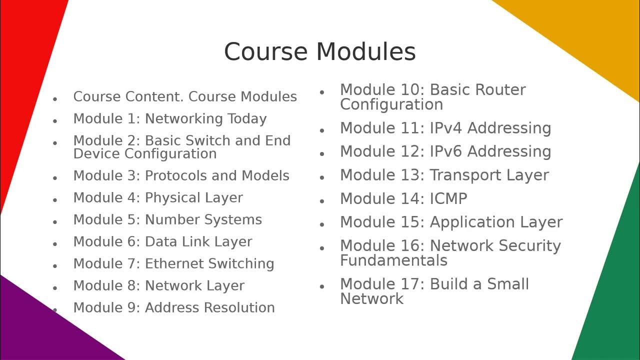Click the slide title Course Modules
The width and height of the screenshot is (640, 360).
pos(319,51)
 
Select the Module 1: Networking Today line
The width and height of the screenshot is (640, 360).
pos(170,119)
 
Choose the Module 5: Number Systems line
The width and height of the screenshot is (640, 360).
pos(167,220)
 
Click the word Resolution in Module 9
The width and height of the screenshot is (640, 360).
pos(241,308)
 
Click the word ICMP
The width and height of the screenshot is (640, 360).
pos(448,199)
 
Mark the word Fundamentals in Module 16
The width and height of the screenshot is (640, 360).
pos(393,260)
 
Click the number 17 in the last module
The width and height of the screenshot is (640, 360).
pos(412,284)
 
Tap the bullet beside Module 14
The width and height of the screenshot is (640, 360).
pos(322,201)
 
